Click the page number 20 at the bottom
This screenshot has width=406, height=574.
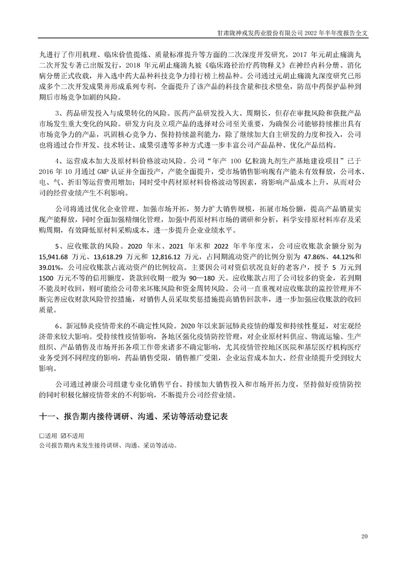click(365, 536)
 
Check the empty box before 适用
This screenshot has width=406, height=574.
click(41, 435)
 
